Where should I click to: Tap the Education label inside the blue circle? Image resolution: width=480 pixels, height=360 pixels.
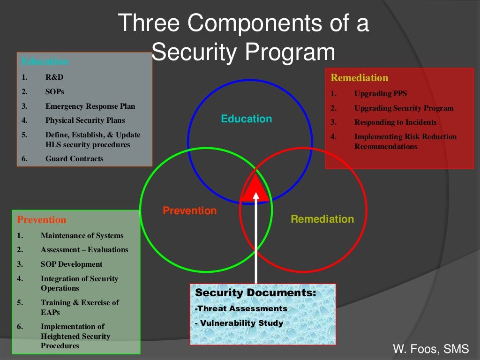(x=247, y=119)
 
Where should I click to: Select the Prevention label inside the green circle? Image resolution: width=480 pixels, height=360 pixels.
(x=190, y=211)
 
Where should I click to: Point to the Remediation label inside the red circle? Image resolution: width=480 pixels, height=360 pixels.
(x=322, y=219)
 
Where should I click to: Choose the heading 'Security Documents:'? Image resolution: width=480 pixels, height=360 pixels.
(x=255, y=293)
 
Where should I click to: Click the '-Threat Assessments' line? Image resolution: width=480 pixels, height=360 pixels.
(x=241, y=308)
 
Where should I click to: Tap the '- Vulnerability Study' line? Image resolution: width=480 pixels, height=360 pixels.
(x=239, y=323)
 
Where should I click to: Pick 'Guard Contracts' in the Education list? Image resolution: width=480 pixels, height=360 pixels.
(x=74, y=158)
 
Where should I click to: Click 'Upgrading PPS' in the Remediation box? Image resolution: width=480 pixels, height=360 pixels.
(x=381, y=94)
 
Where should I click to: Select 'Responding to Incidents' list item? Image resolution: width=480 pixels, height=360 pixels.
(x=395, y=122)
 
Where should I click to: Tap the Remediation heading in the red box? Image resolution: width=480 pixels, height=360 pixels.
(x=360, y=78)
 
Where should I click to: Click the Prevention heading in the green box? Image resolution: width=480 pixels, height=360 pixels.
(x=42, y=220)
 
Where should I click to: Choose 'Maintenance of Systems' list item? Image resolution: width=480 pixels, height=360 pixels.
(x=82, y=235)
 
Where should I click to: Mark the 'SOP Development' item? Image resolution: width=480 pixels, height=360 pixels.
(x=71, y=264)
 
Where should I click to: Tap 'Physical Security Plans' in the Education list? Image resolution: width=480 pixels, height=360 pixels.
(x=85, y=120)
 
